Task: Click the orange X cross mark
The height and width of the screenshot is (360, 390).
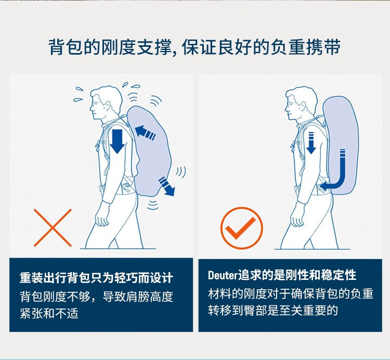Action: (53, 228)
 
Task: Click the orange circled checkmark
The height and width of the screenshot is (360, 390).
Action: (241, 228)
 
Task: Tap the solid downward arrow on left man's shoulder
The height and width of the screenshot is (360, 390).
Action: (117, 141)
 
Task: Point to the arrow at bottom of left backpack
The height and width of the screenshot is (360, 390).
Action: (166, 186)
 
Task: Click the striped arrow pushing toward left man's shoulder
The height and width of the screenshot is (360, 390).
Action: (146, 132)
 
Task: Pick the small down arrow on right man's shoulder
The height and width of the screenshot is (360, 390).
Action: (311, 143)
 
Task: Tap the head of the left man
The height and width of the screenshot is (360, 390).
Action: (105, 102)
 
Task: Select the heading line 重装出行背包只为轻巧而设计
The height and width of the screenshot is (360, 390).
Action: (96, 278)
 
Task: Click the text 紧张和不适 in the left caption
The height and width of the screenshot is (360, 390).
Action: (49, 313)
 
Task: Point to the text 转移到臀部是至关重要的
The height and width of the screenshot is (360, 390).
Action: (273, 310)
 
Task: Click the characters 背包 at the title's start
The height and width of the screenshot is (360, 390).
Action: (66, 47)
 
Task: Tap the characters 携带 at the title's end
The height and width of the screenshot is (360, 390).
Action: (323, 47)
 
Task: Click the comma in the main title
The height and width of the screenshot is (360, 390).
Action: (175, 52)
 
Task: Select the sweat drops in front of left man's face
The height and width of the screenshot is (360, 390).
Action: (79, 95)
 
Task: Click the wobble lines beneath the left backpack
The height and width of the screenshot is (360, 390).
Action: (152, 205)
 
